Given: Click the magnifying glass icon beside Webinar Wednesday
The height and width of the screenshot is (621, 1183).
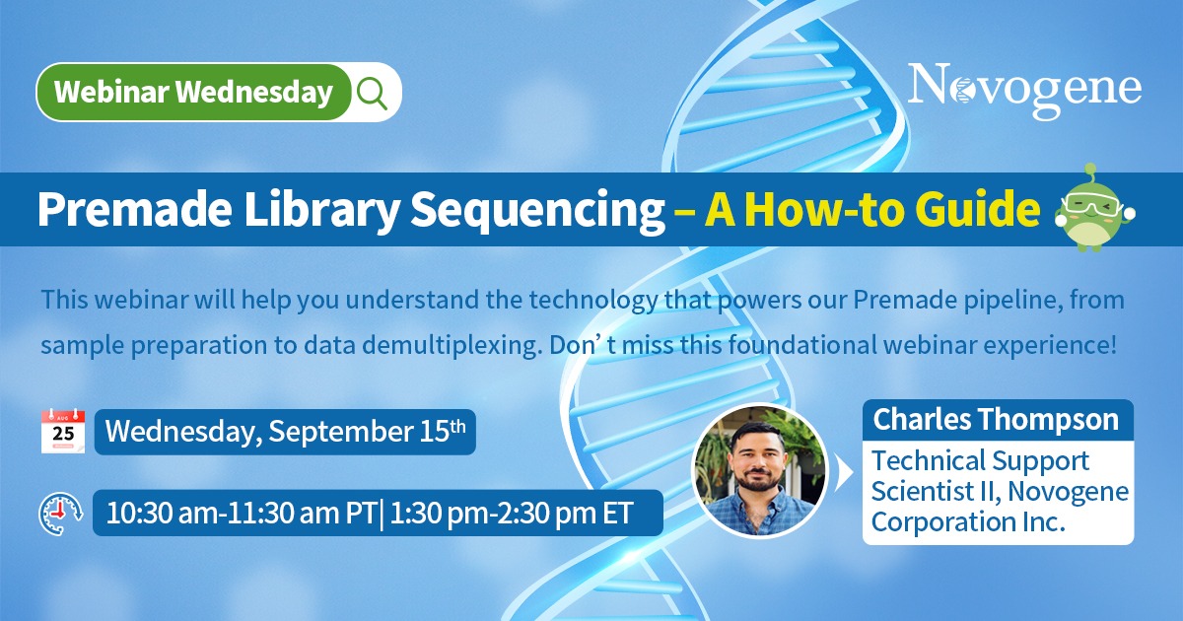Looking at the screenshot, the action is (x=372, y=93).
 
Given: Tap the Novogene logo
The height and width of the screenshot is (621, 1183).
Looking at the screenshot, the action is (x=1024, y=90).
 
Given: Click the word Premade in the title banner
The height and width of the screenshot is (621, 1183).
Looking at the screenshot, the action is (x=135, y=209).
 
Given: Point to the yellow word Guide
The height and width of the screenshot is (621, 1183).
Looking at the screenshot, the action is (x=981, y=209).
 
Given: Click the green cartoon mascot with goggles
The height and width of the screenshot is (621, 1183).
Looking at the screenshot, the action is (x=1094, y=209).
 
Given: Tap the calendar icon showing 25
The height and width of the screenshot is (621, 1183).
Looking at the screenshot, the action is (x=63, y=431).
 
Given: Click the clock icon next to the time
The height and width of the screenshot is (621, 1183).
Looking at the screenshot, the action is (x=61, y=514).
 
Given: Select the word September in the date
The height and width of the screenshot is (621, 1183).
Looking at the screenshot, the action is (x=341, y=432).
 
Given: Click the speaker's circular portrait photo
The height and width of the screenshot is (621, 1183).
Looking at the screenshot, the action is (x=759, y=471).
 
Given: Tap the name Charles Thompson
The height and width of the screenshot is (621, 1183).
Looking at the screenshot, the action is (x=996, y=419).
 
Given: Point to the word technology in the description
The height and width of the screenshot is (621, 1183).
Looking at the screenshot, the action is (x=592, y=301).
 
